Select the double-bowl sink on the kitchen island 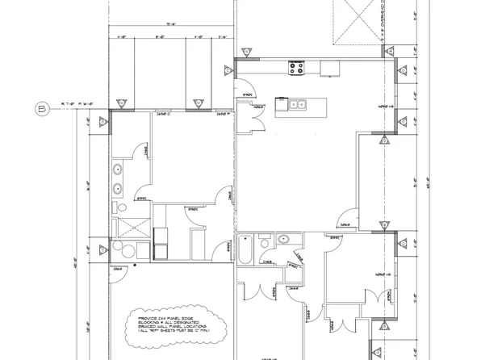point(295,103)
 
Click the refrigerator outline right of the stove point(329,69)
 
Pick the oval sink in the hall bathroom point(285,239)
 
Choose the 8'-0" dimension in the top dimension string point(160,36)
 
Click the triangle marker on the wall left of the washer point(102,248)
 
